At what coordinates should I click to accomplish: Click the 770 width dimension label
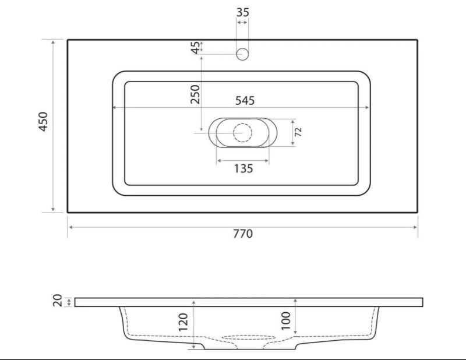pyautogui.click(x=243, y=234)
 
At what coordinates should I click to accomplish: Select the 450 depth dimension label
pyautogui.click(x=43, y=122)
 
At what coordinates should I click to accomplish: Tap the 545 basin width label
pyautogui.click(x=245, y=100)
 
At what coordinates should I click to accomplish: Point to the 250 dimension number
pyautogui.click(x=195, y=94)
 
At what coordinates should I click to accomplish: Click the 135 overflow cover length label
pyautogui.click(x=243, y=168)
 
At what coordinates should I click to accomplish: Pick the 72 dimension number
pyautogui.click(x=298, y=132)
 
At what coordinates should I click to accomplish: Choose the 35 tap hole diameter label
pyautogui.click(x=242, y=12)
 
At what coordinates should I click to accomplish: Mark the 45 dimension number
pyautogui.click(x=195, y=48)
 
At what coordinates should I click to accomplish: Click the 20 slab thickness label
pyautogui.click(x=57, y=300)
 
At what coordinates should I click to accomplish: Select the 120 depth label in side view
pyautogui.click(x=183, y=322)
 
